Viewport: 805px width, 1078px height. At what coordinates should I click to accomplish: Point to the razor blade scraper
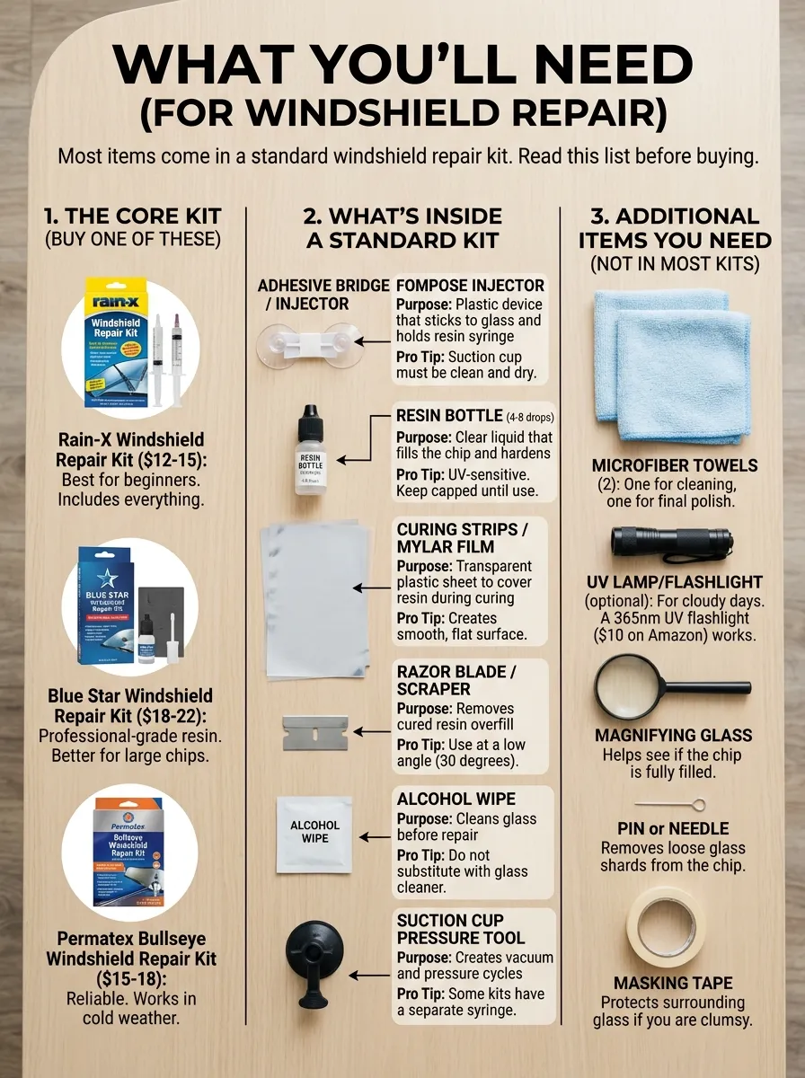click(x=314, y=732)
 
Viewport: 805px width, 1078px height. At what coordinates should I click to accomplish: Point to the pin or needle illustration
click(x=669, y=804)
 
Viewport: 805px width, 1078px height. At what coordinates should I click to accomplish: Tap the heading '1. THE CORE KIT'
click(x=132, y=216)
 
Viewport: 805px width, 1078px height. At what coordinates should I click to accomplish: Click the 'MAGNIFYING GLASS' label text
click(x=673, y=736)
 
